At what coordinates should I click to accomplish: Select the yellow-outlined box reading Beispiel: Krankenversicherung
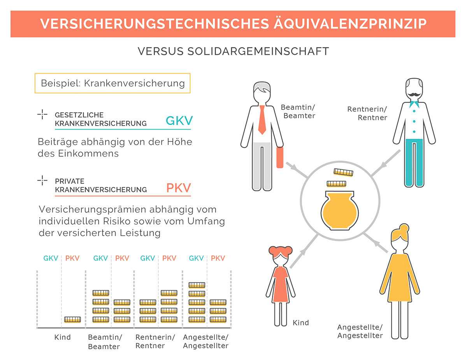(112, 83)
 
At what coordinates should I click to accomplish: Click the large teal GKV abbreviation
(179, 121)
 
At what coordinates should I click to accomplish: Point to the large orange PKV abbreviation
(179, 188)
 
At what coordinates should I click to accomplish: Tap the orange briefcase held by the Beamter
(279, 158)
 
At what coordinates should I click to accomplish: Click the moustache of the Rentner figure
(414, 94)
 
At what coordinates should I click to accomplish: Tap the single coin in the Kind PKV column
(72, 320)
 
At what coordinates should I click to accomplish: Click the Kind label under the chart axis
(62, 337)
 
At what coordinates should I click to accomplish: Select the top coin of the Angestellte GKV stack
(197, 285)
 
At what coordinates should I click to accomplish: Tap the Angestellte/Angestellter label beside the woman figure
(360, 331)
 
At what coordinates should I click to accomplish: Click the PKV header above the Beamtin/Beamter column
(122, 258)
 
